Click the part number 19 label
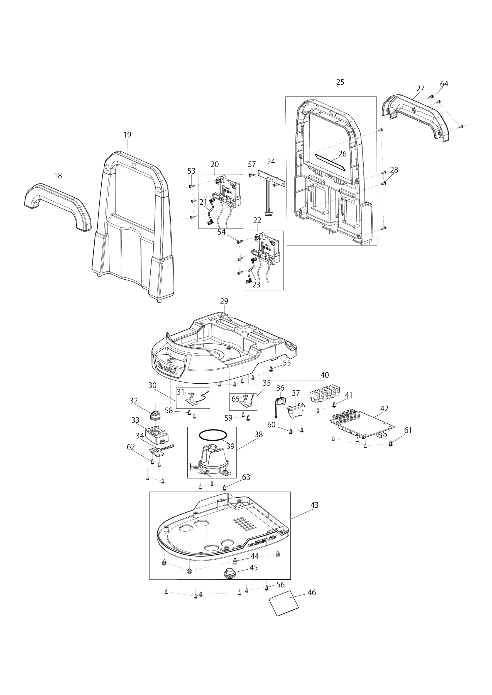(x=127, y=135)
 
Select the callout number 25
(x=340, y=82)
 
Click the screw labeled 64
(x=432, y=96)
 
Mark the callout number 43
(x=314, y=505)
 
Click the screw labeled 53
(x=191, y=186)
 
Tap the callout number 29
(x=224, y=301)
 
